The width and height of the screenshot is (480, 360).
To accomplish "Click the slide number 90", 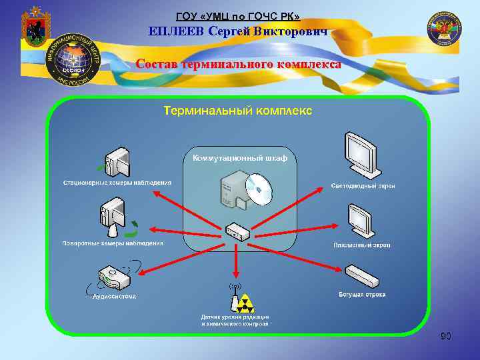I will coord(446,337).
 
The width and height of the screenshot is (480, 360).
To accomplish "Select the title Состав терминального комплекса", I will coord(238,65).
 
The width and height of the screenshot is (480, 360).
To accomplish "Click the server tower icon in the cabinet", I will coord(233,189).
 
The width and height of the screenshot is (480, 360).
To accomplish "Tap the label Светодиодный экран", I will coord(363,185).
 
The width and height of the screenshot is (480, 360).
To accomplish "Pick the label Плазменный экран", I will coord(362,245).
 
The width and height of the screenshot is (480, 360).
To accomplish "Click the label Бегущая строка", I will coord(362,294).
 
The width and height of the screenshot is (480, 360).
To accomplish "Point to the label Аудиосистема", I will coord(114,296).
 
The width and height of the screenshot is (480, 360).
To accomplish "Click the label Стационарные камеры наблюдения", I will coord(117,182).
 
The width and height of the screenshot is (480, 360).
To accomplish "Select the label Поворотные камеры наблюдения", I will coord(113,243).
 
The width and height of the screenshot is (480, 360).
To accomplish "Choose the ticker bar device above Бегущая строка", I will coord(363,275).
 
